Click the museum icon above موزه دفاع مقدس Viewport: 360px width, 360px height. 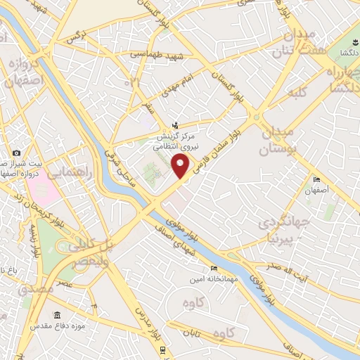tap(57, 316)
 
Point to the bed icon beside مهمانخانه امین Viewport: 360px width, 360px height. tap(214, 267)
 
